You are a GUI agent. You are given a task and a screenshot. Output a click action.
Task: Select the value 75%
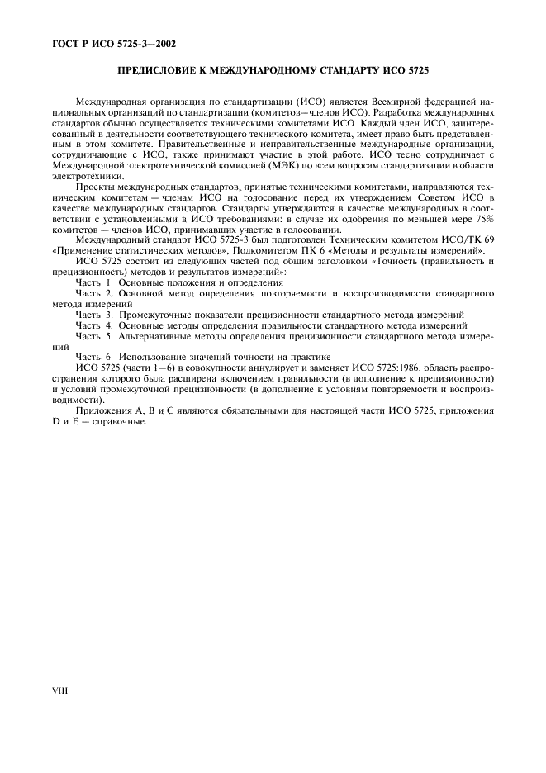pyautogui.click(x=482, y=217)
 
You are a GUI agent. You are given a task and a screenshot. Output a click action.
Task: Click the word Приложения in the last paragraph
pyautogui.click(x=102, y=410)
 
